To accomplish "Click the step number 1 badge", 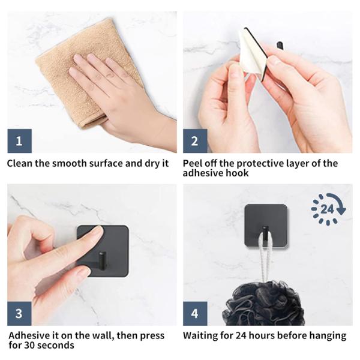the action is tap(20, 141).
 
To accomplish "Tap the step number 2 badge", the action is tap(195, 141).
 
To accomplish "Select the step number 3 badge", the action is tap(20, 314).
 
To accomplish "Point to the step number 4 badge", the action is tap(195, 314).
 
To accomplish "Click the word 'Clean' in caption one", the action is tap(20, 164).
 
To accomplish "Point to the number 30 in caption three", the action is tap(30, 346).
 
